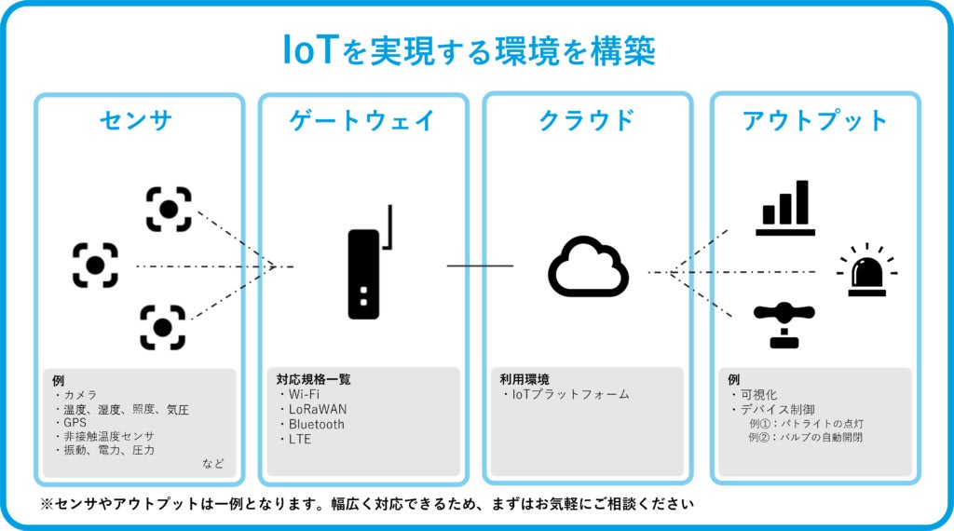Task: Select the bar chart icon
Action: pos(784,208)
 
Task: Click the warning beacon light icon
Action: pos(866,271)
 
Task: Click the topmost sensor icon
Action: pos(169,209)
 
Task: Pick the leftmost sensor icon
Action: pos(95,265)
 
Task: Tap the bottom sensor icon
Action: pos(162,327)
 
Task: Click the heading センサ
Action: pos(137,121)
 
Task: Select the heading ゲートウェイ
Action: pos(361,121)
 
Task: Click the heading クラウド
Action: pos(587,121)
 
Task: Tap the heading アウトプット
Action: pos(815,121)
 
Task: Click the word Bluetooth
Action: pos(316,424)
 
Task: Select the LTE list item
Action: pos(300,439)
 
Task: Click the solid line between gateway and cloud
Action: pos(480,265)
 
